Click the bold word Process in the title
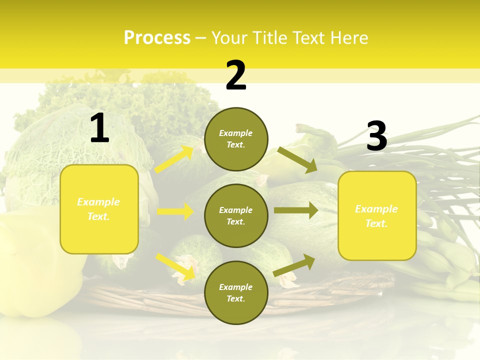[x=157, y=38]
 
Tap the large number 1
[x=99, y=129]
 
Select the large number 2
[x=236, y=75]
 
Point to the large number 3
[x=376, y=136]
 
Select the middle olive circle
[x=236, y=215]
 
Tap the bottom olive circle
[x=236, y=292]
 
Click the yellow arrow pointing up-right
[x=174, y=159]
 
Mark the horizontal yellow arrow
[x=175, y=211]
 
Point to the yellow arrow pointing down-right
[x=175, y=266]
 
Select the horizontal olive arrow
[x=295, y=210]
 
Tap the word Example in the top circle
[x=236, y=133]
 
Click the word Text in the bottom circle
[x=235, y=298]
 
